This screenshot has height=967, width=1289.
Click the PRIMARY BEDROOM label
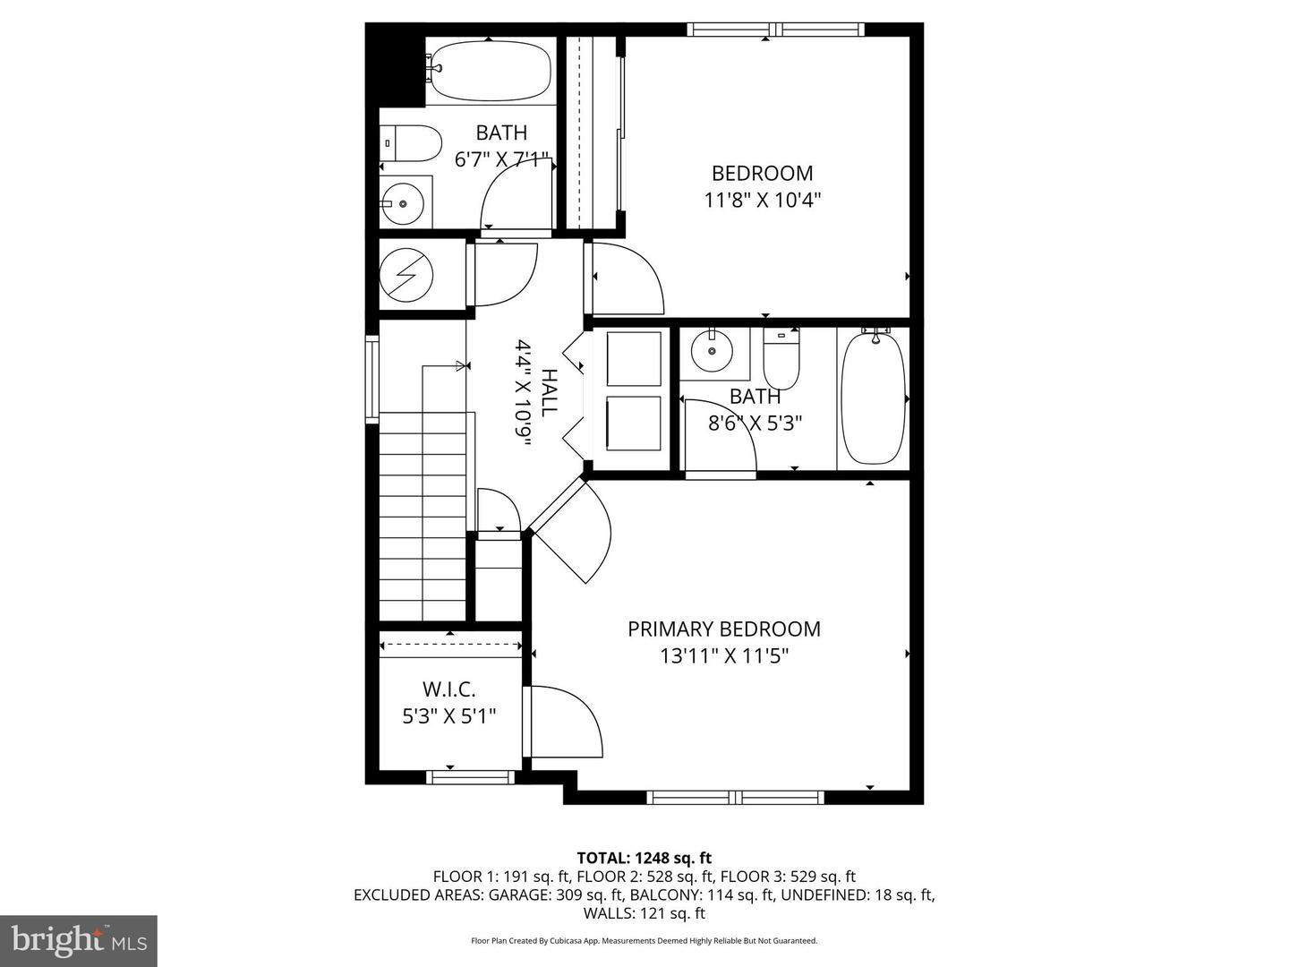(723, 629)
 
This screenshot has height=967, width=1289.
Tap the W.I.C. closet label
(448, 689)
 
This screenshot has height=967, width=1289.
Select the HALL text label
(548, 393)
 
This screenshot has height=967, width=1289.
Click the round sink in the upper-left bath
(403, 204)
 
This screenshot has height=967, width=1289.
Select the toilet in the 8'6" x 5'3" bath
(781, 357)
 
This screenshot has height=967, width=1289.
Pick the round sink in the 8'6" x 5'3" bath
(712, 350)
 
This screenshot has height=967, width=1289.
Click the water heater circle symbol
(406, 274)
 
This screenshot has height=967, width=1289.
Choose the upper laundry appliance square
(634, 359)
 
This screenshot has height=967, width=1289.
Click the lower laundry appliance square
(634, 424)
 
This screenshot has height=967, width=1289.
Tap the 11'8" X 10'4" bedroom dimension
(763, 201)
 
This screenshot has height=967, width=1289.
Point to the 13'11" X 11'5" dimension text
(724, 656)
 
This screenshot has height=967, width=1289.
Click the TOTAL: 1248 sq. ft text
(644, 859)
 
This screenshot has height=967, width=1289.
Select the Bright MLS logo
(79, 941)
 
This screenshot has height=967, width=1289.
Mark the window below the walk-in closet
(470, 777)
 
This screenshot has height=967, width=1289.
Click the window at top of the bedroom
(776, 30)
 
